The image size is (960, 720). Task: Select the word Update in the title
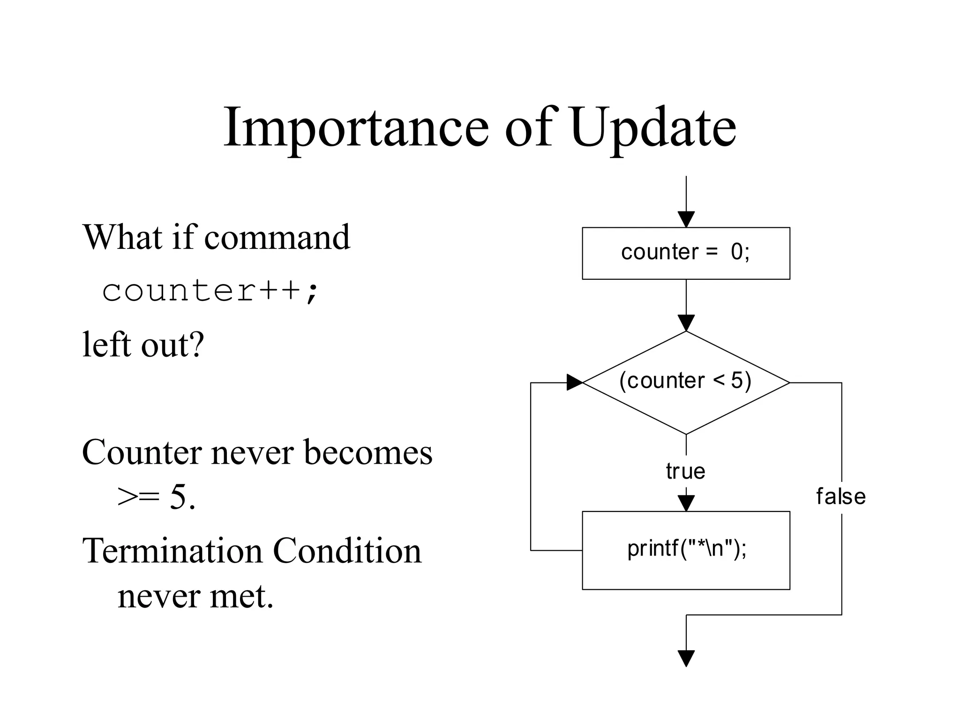[x=653, y=127]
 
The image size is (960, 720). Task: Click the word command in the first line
[x=277, y=237]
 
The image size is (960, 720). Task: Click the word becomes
[x=368, y=453]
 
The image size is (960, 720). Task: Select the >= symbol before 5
[x=138, y=497]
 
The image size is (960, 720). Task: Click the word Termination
[x=172, y=551]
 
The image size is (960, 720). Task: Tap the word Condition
[x=347, y=551]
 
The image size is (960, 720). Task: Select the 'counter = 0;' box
[x=686, y=253]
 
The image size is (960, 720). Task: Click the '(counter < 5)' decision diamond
[x=686, y=382]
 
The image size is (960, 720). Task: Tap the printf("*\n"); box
[x=686, y=550]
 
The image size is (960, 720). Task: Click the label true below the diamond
[x=685, y=471]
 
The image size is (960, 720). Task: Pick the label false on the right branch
[x=840, y=496]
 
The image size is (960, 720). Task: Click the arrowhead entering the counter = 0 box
[x=686, y=219]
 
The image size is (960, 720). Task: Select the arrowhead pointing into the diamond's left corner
[x=574, y=382]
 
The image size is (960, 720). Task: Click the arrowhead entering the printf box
[x=686, y=503]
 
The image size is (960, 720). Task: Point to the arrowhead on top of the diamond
[x=686, y=323]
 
